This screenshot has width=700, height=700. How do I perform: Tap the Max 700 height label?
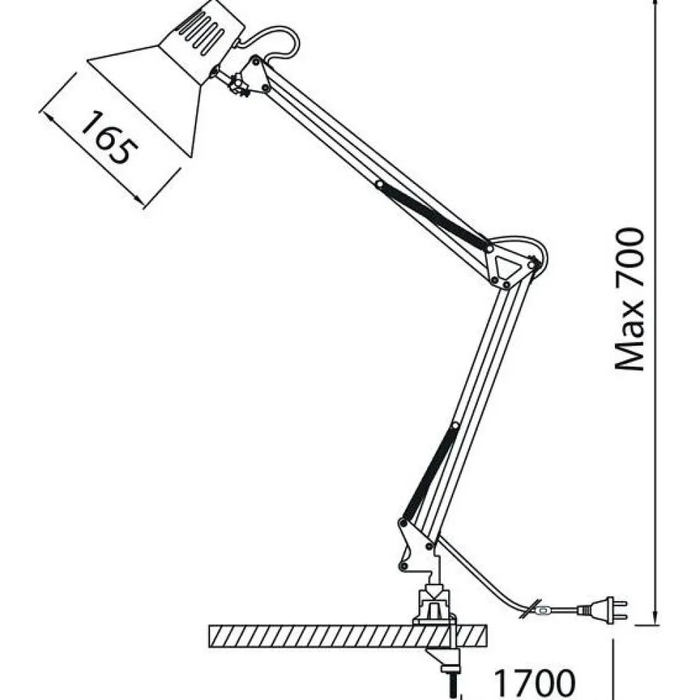630,299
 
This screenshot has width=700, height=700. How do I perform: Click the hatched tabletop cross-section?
349,636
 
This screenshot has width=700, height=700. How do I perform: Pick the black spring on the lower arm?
429,473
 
